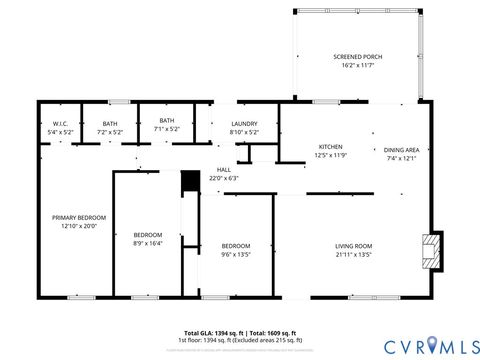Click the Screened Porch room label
point(357,57)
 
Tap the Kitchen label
point(330,146)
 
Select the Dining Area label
point(401,150)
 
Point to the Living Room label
point(353,246)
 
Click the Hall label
point(224,170)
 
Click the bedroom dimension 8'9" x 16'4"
point(147,242)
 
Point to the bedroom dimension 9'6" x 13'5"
point(236,254)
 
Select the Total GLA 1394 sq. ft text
point(213,332)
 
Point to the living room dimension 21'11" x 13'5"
point(353,254)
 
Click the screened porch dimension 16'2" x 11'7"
point(357,65)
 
